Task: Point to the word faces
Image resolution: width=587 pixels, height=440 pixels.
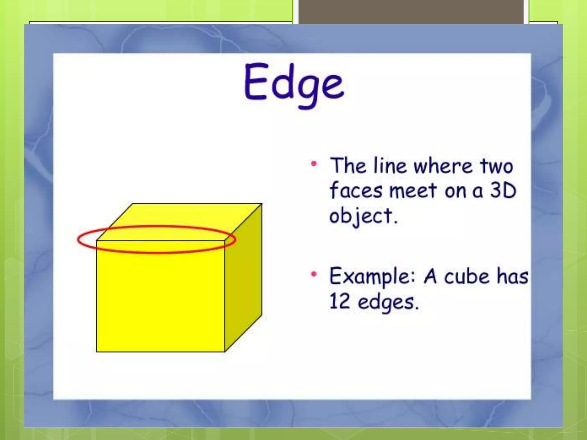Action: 356,190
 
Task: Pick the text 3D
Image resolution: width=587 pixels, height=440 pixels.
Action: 503,190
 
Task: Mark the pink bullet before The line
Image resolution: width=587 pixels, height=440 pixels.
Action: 314,164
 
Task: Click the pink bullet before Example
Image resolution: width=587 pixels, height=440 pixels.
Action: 314,274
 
